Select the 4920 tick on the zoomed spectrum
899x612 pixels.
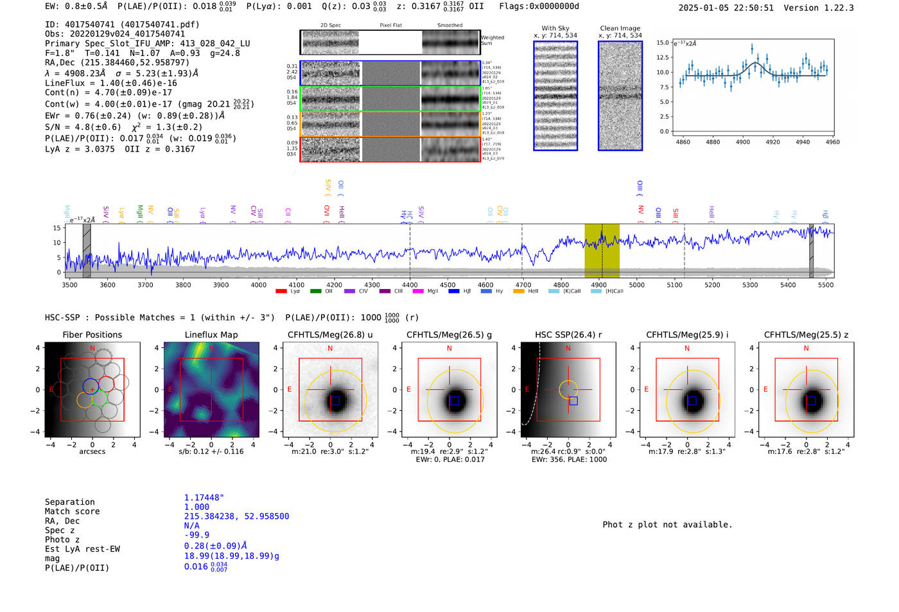point(772,142)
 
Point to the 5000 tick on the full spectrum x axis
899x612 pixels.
point(636,284)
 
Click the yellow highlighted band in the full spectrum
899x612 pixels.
point(602,250)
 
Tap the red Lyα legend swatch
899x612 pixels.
point(281,292)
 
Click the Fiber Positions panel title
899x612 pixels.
point(92,335)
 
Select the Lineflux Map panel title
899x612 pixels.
point(211,335)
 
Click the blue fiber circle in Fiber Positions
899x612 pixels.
point(91,386)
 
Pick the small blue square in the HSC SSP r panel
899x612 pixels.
point(573,401)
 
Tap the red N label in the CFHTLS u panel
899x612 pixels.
point(330,349)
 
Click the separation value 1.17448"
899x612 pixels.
point(204,498)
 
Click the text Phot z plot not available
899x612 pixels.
point(667,525)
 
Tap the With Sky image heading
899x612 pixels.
point(555,28)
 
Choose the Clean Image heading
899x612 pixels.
point(620,28)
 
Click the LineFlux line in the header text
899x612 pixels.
point(111,83)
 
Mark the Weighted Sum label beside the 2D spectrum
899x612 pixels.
point(493,40)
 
